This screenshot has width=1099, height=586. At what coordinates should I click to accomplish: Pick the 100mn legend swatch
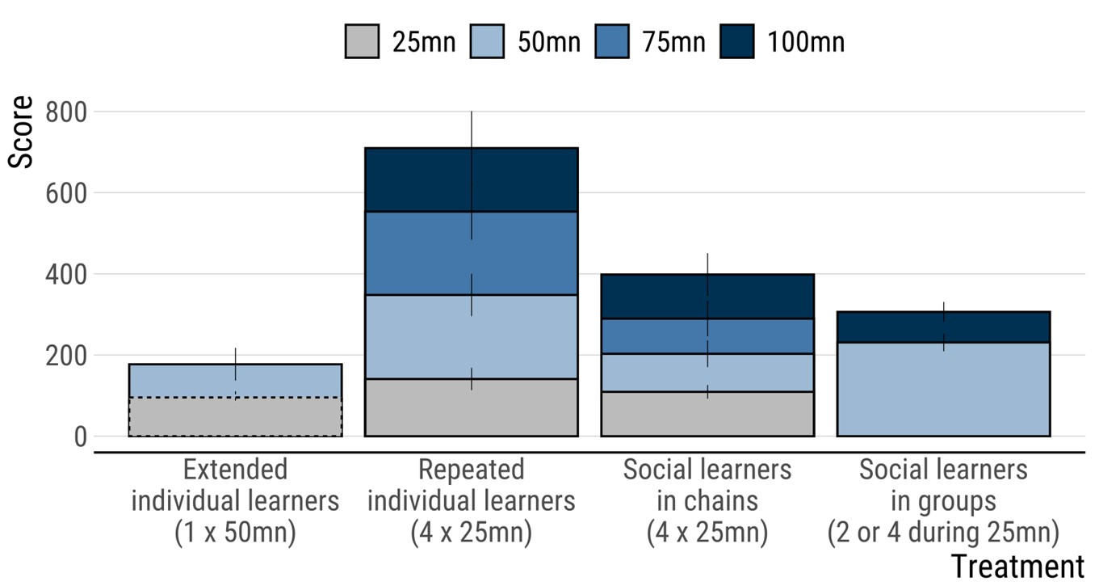(x=736, y=41)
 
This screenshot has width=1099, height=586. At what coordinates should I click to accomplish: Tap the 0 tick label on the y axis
(x=79, y=436)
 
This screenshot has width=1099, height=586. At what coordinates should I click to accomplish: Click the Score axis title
(x=22, y=132)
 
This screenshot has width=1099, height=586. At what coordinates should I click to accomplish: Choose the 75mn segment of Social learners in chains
(x=662, y=336)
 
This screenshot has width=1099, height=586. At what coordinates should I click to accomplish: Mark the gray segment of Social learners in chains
(x=662, y=414)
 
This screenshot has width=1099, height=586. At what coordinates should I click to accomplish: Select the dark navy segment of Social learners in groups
(x=904, y=327)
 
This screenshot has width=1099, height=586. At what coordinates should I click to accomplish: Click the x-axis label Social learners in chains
(x=707, y=501)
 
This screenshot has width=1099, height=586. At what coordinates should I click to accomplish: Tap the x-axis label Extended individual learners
(x=235, y=501)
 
